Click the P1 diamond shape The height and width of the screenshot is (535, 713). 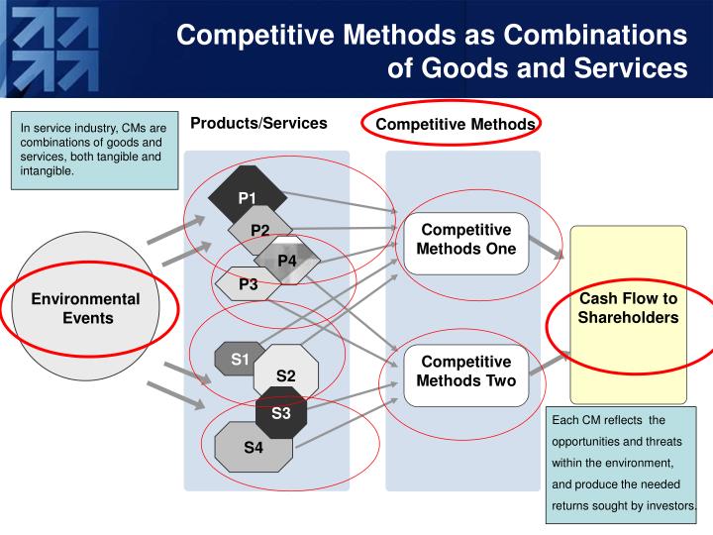pos(247,196)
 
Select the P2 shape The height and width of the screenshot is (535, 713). pos(259,230)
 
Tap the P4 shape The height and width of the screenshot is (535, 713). pos(287,260)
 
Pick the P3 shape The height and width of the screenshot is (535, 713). pos(249,284)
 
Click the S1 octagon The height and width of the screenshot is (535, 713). pos(240,360)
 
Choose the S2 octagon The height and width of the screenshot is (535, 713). pos(286,374)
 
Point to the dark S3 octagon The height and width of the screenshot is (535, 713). pos(281,412)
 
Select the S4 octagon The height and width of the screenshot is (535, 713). pos(254,447)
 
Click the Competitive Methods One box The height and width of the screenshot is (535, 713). pos(466,241)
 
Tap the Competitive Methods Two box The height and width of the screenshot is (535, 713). pos(466,372)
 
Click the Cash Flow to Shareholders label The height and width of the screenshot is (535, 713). pos(628,308)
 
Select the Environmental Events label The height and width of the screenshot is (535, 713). pos(86,308)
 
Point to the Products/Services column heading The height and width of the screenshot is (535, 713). pos(258,124)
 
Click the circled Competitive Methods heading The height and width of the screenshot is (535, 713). pos(456,124)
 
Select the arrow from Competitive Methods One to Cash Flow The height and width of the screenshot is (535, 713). pos(548,248)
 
